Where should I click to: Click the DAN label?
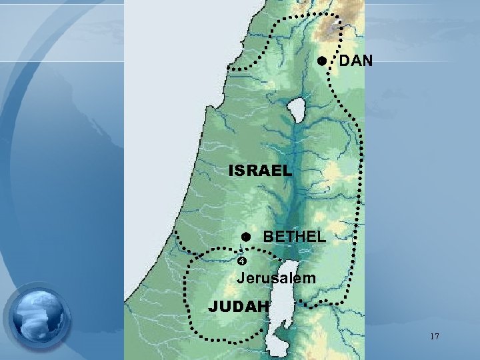[x=356, y=62]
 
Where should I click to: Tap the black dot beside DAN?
[x=321, y=61]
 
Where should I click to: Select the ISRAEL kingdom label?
[x=260, y=171]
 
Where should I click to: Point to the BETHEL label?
[x=294, y=236]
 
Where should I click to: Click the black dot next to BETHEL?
[x=245, y=237]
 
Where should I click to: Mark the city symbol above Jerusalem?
[x=243, y=261]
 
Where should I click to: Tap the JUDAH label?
[x=238, y=307]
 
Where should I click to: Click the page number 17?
[x=434, y=337]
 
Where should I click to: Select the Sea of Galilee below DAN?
[x=295, y=107]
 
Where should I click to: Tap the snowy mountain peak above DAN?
[x=331, y=23]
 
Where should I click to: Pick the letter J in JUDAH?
[x=213, y=307]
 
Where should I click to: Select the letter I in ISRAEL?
[x=231, y=171]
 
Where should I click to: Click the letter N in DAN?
[x=366, y=62]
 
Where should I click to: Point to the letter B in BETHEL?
[x=269, y=236]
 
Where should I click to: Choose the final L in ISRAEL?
[x=287, y=171]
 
